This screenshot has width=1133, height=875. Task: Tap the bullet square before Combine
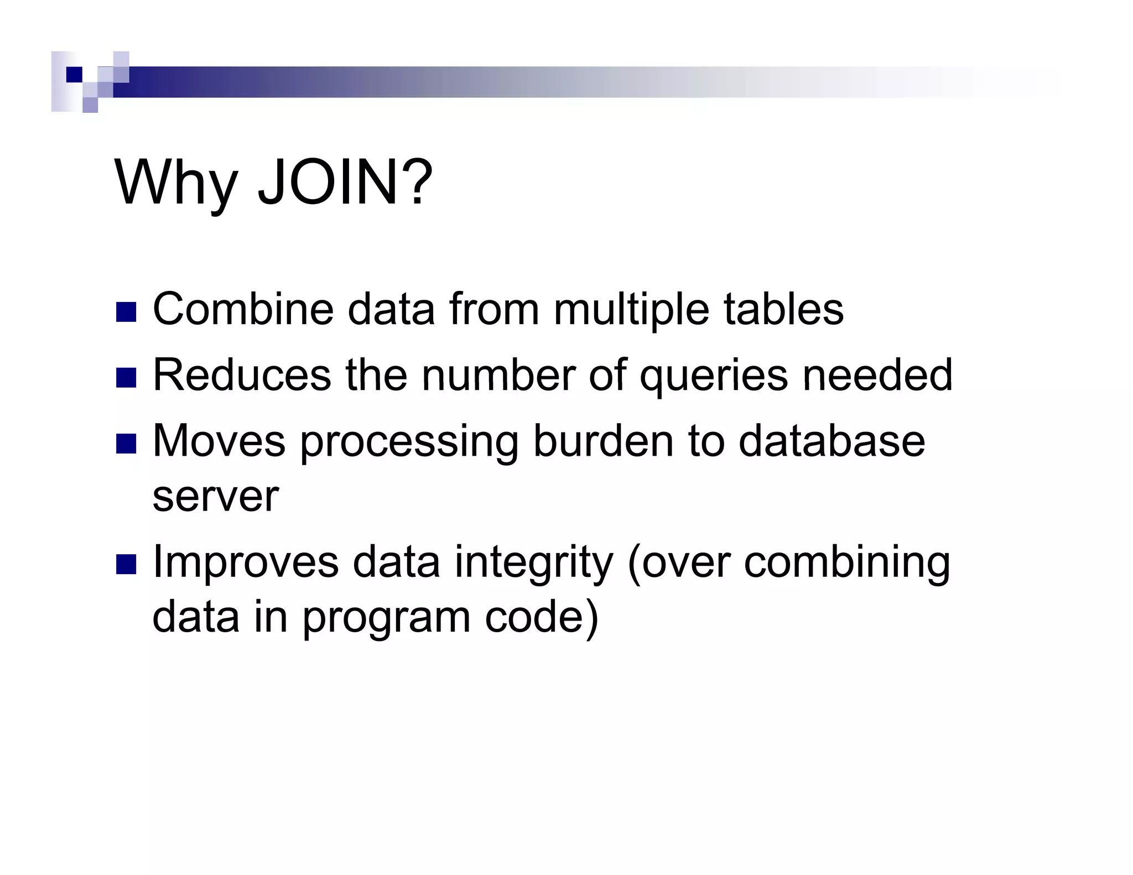pos(126,312)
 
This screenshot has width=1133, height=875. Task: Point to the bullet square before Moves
pos(126,444)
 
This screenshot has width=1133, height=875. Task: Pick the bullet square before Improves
pos(126,565)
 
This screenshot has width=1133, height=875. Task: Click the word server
pos(215,497)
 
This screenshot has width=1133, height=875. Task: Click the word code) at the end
pos(542,617)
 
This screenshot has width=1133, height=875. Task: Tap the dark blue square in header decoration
pos(74,75)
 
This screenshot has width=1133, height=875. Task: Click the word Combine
pos(243,309)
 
